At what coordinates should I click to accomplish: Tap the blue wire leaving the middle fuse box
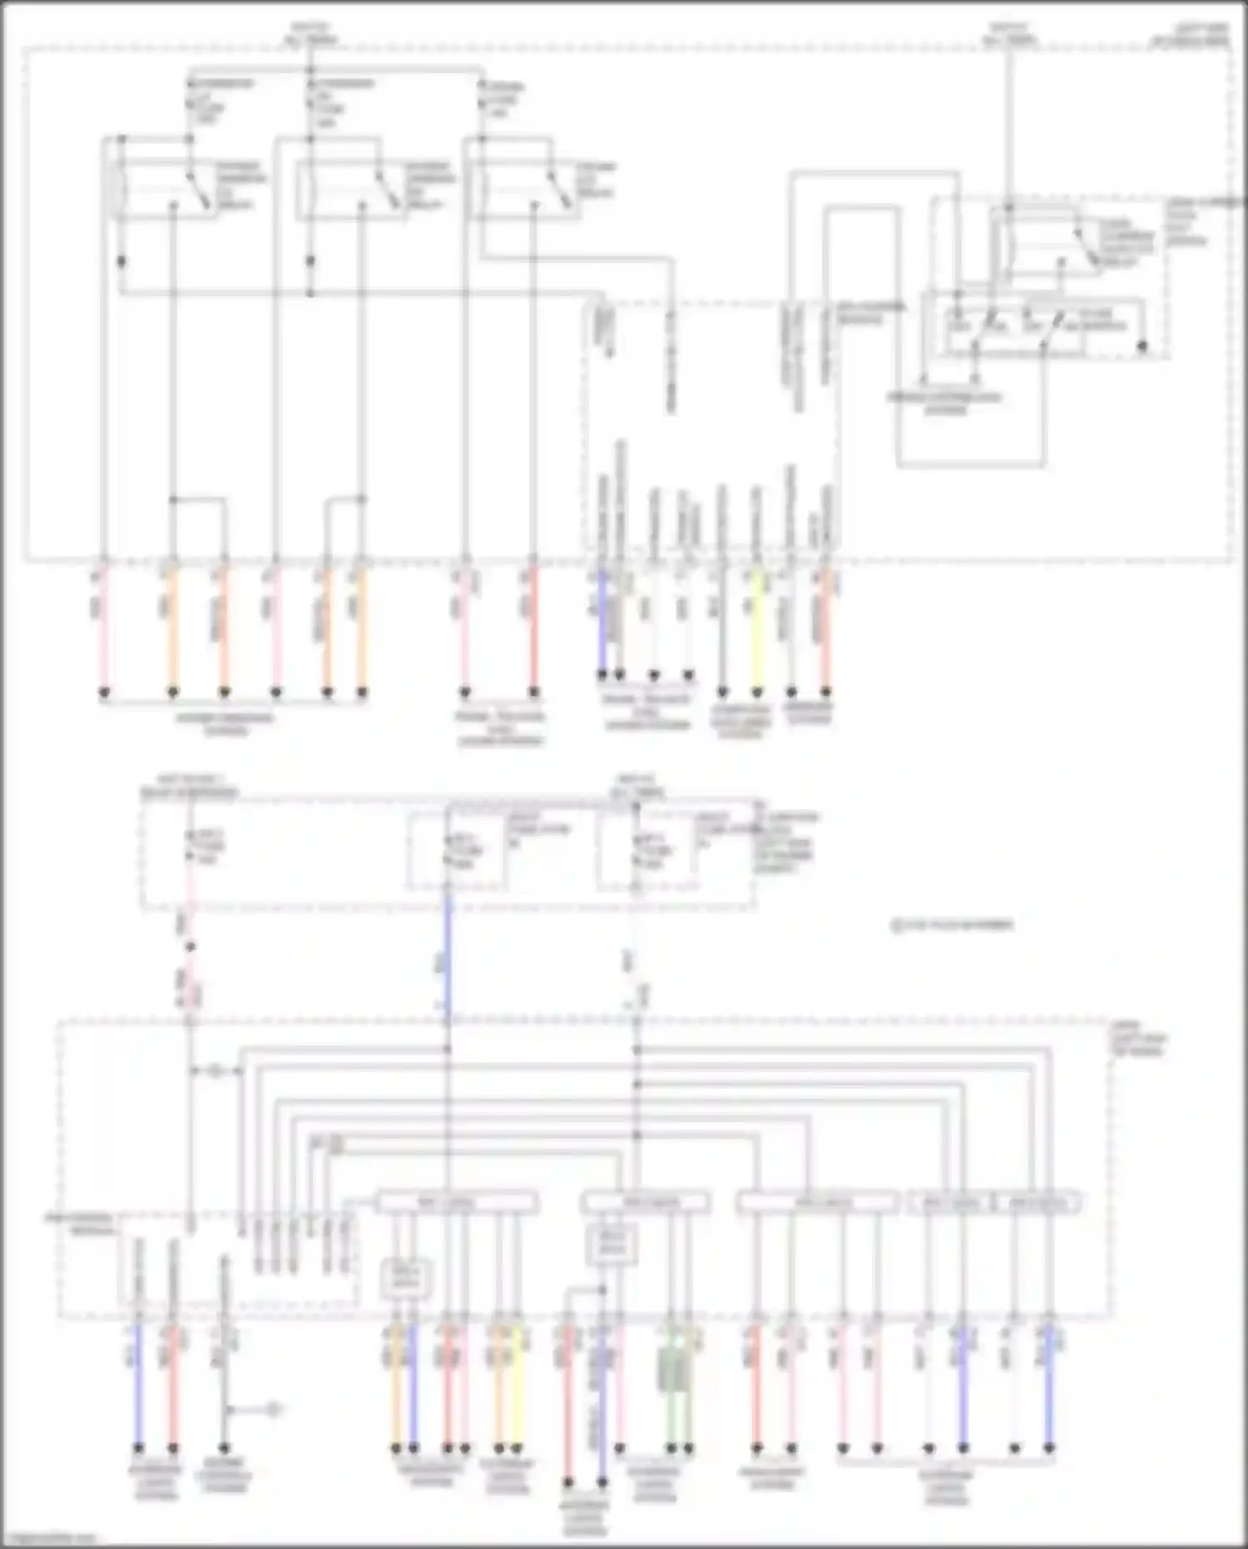click(x=448, y=957)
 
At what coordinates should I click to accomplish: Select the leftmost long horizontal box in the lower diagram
click(x=456, y=1202)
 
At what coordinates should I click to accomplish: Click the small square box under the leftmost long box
click(x=407, y=1278)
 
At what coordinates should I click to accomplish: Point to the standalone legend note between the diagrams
click(x=953, y=925)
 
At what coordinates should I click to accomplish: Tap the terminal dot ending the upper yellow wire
click(x=756, y=692)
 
